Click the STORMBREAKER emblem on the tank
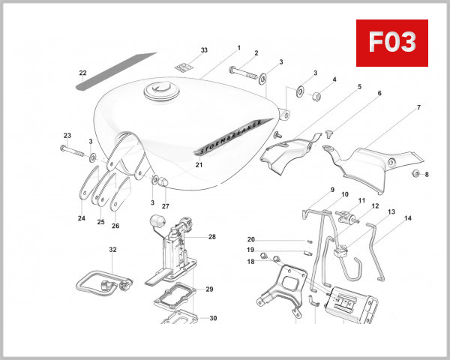[230, 133]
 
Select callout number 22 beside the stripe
[83, 73]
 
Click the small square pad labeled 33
[184, 67]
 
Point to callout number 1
[238, 47]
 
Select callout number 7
[418, 109]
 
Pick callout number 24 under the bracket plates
[81, 219]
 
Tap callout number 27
[166, 205]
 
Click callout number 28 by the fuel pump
[211, 237]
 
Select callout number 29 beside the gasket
[209, 289]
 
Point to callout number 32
[112, 249]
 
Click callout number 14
[408, 219]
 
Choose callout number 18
[251, 261]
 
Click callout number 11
[361, 201]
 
